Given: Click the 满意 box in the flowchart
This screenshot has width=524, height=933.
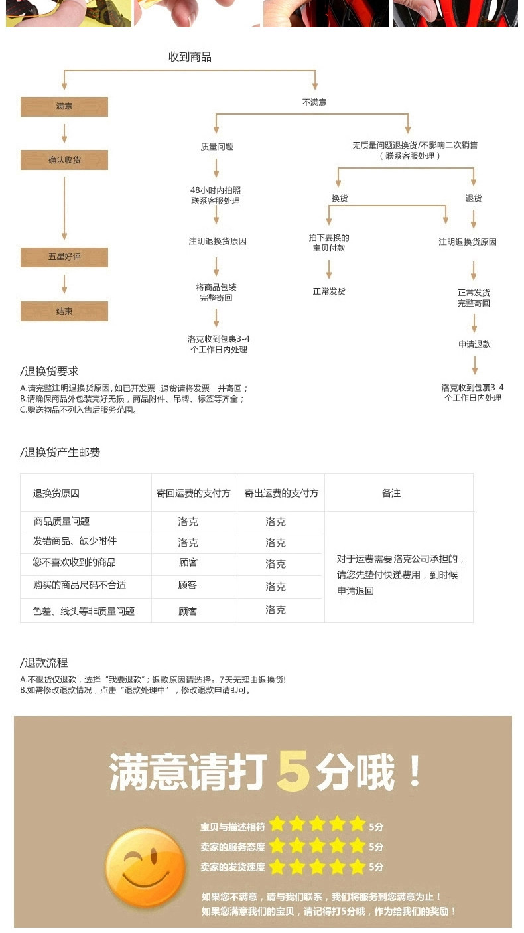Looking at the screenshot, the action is (64, 107).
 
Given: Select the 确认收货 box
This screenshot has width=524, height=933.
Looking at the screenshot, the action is (64, 160).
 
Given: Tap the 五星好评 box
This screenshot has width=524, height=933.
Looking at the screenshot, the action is (64, 257).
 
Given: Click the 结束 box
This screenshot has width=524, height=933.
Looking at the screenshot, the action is (64, 311).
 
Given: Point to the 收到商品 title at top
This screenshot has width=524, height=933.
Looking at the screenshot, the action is (190, 57).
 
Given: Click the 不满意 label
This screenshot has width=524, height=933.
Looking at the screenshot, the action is (314, 102).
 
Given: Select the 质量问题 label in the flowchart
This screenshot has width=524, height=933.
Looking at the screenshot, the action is (217, 147).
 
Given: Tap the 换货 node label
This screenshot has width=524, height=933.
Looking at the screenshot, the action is (340, 198).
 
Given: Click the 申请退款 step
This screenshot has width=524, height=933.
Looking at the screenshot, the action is (474, 344).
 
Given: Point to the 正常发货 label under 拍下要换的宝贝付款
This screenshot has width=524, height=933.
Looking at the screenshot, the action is (329, 291).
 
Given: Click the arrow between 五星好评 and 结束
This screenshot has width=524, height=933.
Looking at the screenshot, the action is (64, 284).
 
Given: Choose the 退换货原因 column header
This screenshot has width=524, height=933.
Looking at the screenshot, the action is (56, 493).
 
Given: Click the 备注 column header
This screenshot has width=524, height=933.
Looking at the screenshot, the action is (391, 493).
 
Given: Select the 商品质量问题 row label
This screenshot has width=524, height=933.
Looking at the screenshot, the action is (61, 522).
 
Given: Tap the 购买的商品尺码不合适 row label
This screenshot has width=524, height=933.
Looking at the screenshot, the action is (80, 585).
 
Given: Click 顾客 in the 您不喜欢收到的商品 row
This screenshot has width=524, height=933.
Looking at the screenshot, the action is (188, 563).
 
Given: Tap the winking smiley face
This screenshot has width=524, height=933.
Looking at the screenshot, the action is (146, 867).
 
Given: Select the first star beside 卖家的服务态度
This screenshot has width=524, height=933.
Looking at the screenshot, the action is (277, 846).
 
